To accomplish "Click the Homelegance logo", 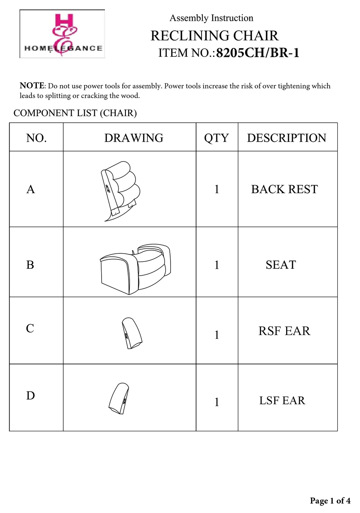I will click(62, 34).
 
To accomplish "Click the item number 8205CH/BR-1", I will click(258, 53).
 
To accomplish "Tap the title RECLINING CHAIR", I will click(214, 36).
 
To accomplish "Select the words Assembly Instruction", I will click(211, 18).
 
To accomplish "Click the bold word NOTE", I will click(32, 86).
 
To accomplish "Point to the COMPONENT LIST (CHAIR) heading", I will click(75, 113).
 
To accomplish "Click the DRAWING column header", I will click(133, 138).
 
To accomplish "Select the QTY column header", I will click(216, 138).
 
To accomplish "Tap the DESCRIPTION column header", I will click(286, 138).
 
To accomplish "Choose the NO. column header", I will click(36, 138).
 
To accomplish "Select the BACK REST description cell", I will click(284, 189).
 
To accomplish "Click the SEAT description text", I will click(280, 265).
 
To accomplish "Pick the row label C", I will click(30, 328).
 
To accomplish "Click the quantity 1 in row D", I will click(217, 402).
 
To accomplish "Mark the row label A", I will click(31, 189).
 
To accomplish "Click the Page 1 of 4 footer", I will click(330, 501).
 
